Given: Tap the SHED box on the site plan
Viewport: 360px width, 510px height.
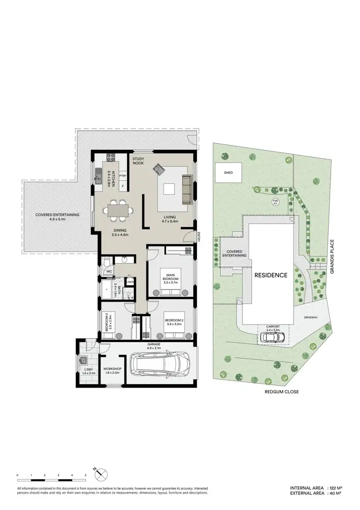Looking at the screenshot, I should (x=228, y=172).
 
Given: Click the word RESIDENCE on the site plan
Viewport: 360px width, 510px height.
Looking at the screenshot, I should (x=271, y=275).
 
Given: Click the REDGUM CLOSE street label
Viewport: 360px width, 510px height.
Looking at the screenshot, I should (x=281, y=392).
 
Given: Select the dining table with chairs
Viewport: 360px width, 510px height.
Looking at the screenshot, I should (x=118, y=210).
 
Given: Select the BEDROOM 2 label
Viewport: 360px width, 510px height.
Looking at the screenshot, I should (x=172, y=321).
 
